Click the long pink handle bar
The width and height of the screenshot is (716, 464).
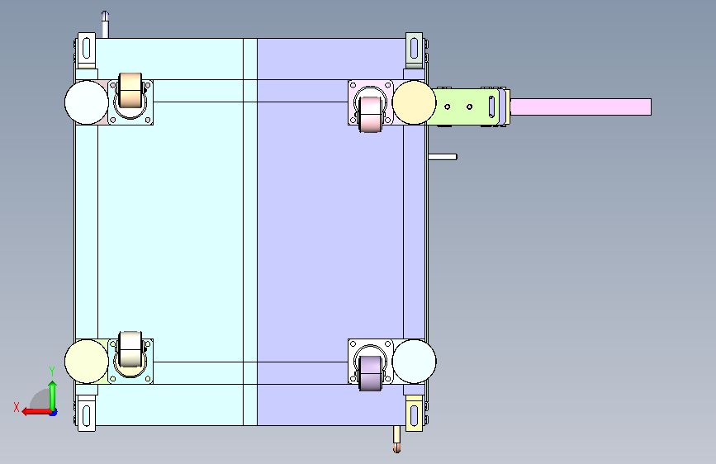[x=581, y=107]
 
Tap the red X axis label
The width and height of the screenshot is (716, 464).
[x=17, y=407]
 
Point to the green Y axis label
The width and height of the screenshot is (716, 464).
[x=52, y=372]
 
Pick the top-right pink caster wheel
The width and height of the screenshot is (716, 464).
[x=370, y=114]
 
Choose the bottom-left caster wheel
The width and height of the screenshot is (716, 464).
[x=130, y=349]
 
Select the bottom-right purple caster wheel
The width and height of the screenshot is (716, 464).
[x=370, y=373]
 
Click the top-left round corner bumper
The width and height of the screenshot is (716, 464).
[x=87, y=102]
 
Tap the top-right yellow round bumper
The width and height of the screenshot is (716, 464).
[x=415, y=102]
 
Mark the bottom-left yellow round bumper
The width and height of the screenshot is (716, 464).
[x=87, y=362]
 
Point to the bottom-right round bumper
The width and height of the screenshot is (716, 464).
[x=415, y=362]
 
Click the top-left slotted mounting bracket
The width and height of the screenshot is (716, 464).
[x=87, y=50]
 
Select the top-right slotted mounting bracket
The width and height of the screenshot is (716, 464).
[x=415, y=50]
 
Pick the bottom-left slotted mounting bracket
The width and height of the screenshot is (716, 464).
[x=87, y=414]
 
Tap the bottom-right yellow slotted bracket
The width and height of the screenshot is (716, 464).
[x=415, y=414]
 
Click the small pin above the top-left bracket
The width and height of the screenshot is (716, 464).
[x=105, y=25]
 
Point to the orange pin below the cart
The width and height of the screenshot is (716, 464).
[x=396, y=439]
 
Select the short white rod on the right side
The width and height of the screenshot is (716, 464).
[x=443, y=157]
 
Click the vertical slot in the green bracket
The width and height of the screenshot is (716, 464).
[x=492, y=107]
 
